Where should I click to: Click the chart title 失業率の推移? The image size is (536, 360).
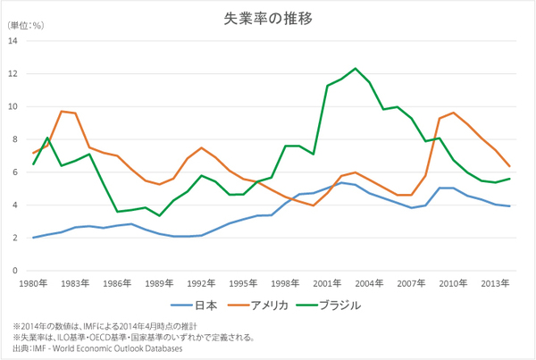[268, 17]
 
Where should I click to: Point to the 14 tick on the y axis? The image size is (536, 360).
[13, 40]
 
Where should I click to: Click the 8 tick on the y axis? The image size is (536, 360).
[14, 139]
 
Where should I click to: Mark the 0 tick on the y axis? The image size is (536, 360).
[14, 271]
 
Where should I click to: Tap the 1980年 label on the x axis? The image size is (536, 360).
[34, 283]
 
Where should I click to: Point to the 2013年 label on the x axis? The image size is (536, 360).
[496, 283]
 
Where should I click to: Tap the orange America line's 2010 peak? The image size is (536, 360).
[454, 113]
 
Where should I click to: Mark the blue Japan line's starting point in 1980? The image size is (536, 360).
[34, 238]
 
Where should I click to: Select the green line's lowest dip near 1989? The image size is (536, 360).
[159, 215]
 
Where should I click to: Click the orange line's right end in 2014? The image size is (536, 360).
[510, 166]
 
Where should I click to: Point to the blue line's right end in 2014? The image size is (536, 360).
[510, 206]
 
